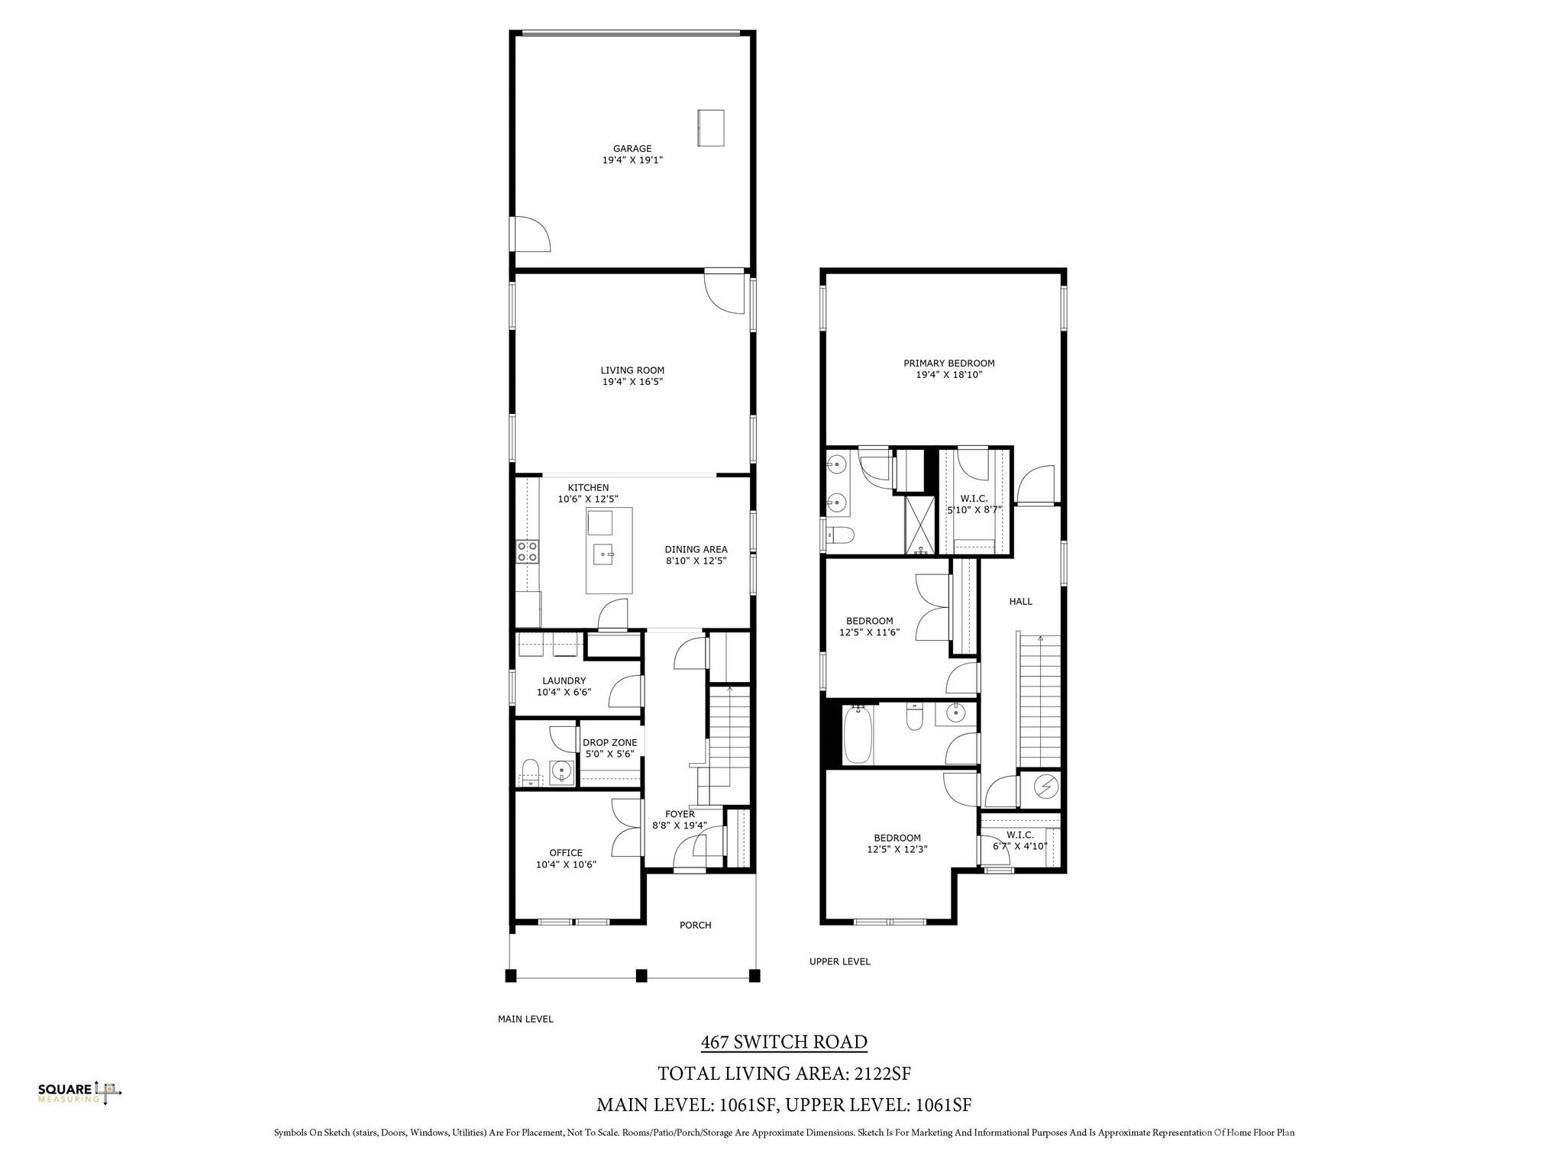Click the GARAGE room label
[632, 149]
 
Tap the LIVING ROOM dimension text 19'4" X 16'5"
[632, 382]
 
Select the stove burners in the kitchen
[527, 551]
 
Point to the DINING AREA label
[696, 549]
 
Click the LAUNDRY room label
[564, 681]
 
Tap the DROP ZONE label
[609, 742]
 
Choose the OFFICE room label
[566, 853]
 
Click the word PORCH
[695, 926]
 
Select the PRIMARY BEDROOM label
[949, 364]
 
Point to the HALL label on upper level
[1020, 602]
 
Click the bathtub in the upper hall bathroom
[858, 734]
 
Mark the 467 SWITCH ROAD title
[784, 1042]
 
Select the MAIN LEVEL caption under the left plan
[525, 1019]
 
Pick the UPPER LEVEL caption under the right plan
[840, 961]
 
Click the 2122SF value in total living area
[882, 1074]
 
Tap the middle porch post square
[641, 975]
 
